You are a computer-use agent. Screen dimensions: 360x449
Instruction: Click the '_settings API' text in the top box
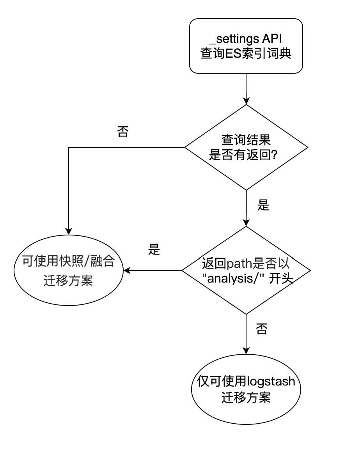coord(246,39)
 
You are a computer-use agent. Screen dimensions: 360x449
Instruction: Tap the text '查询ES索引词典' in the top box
coord(246,53)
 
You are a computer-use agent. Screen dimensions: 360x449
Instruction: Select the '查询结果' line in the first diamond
coord(246,140)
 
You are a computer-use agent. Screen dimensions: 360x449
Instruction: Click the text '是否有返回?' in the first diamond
coord(243,155)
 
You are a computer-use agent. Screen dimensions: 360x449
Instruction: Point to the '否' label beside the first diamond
coord(123,132)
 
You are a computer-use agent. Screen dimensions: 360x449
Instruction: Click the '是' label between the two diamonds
coord(263,205)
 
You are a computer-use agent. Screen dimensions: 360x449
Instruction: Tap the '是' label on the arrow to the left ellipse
coord(154,249)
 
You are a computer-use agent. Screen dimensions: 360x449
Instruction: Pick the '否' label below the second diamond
coord(261,329)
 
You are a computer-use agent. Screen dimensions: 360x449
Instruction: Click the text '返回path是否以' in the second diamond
coord(246,263)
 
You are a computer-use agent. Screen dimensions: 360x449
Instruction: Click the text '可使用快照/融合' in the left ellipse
coord(69,261)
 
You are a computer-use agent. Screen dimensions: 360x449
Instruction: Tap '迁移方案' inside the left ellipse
coord(68,281)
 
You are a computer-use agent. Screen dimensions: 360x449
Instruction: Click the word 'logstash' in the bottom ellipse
coord(271,382)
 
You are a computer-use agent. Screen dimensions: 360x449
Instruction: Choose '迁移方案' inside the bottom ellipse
coord(246,398)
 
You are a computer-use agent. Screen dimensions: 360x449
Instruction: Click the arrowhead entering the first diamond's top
coord(246,101)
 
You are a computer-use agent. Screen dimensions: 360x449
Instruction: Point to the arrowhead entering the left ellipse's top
coord(69,232)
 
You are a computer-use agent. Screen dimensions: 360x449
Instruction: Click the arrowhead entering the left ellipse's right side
coord(127,270)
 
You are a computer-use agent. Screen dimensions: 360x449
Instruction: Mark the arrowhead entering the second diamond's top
coord(246,223)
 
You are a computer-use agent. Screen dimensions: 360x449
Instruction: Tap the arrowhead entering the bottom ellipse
coord(246,350)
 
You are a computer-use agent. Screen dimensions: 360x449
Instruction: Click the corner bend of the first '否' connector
coord(69,147)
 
